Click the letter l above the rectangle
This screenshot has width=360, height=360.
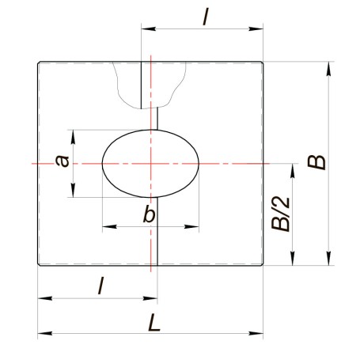pos(206,17)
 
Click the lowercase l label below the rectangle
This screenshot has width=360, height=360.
pos(100,286)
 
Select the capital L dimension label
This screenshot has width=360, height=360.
pos(154,323)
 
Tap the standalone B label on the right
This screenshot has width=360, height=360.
pos(316,162)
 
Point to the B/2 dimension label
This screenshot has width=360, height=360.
pos(281,214)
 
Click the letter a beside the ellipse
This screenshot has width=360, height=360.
pos(63,161)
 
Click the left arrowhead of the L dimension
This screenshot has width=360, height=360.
pos(45,333)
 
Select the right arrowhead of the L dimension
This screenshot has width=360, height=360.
pos(256,333)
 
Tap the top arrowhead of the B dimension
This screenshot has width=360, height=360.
pos(328,69)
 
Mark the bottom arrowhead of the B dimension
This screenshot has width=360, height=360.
pos(328,258)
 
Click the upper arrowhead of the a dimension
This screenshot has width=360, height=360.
pos(73,137)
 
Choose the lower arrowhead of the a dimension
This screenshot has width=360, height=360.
pos(73,190)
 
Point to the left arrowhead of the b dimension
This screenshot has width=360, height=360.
pos(109,226)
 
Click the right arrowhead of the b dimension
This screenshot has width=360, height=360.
pos(191,226)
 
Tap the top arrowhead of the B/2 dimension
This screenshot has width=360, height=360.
pos(292,171)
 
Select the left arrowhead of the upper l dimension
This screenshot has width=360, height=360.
pos(149,28)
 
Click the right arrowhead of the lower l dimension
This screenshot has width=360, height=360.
pos(150,298)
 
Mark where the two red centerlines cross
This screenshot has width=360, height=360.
pos(151,164)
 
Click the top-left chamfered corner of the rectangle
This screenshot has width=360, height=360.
pos(39,63)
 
